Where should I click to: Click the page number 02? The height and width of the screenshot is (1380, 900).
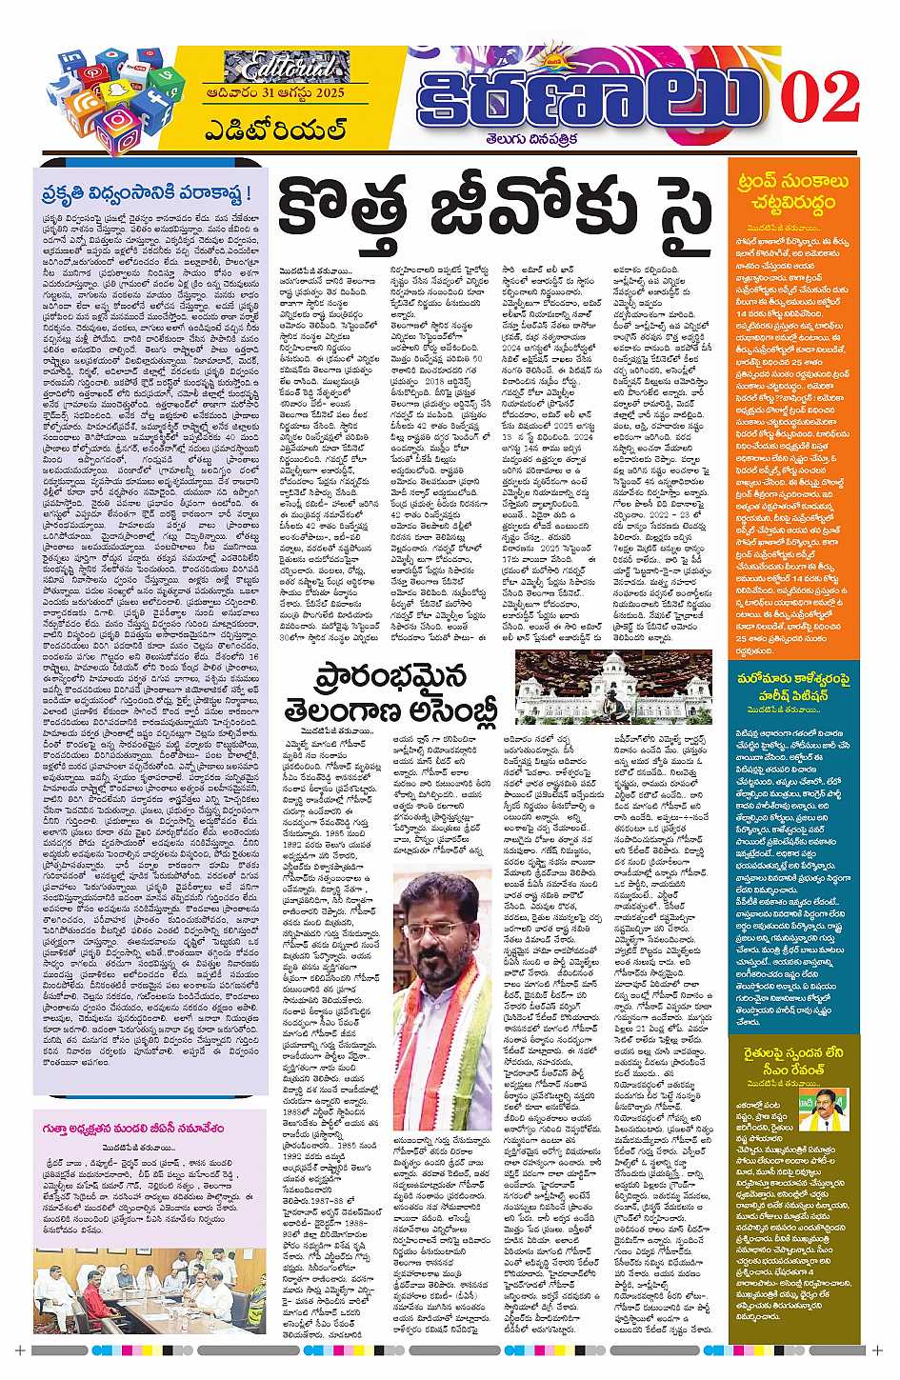coord(821,95)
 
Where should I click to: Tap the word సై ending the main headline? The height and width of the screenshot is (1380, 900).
coord(674,205)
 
